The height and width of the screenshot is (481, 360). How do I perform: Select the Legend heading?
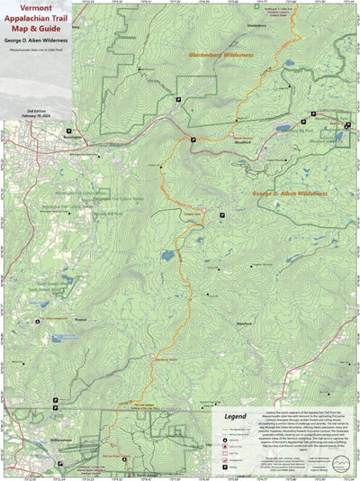pos(235,417)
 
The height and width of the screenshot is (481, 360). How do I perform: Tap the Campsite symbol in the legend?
pos(224,439)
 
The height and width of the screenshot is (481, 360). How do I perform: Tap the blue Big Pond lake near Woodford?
pos(283,129)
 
